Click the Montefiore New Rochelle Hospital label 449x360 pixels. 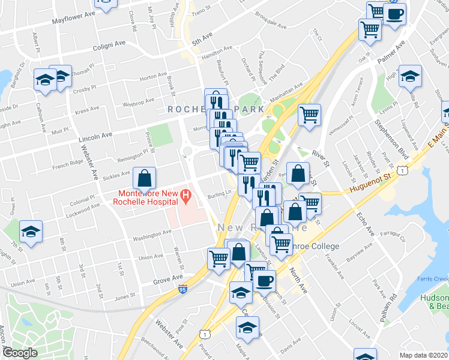146,197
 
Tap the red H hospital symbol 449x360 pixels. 185,195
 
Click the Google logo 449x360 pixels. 20,353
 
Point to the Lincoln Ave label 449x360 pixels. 97,139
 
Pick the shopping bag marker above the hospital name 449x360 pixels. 145,178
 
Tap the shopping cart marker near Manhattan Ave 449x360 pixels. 309,115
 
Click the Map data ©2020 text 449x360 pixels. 424,355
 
